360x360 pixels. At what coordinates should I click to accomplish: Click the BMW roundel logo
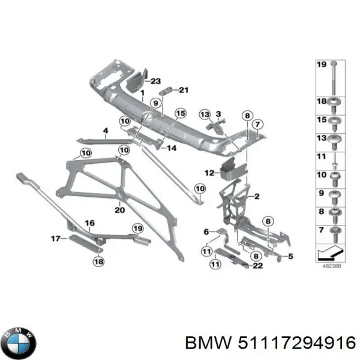click(x=19, y=342)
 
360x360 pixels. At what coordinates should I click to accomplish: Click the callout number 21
click(x=183, y=91)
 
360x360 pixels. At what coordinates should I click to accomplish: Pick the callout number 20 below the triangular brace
click(x=119, y=210)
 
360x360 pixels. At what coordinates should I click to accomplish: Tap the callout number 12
click(x=208, y=173)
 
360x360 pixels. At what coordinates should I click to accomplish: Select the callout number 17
click(x=55, y=238)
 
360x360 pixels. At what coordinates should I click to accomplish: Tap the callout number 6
click(x=206, y=232)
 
